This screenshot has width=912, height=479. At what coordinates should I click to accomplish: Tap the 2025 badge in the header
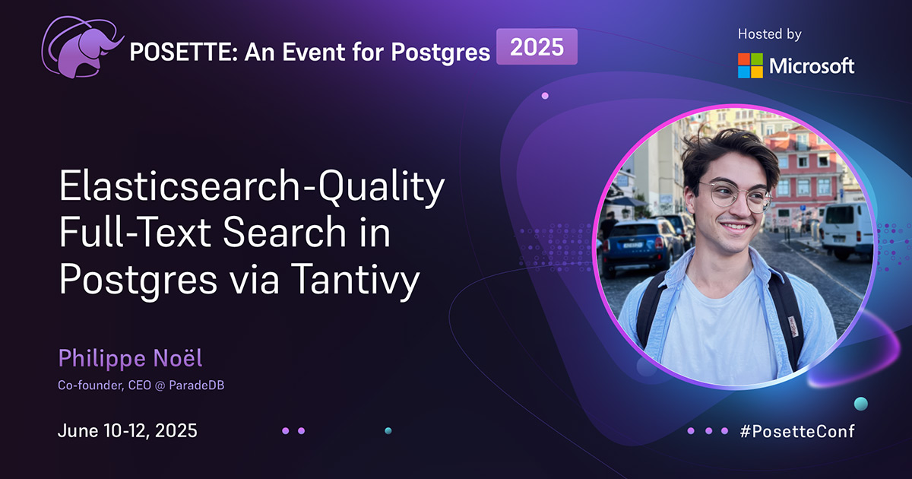coord(537,48)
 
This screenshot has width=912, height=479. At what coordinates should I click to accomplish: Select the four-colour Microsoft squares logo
coord(750,65)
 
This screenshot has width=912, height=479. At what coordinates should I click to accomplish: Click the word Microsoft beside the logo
coord(812,66)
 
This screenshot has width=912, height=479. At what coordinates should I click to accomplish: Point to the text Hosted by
coord(769,34)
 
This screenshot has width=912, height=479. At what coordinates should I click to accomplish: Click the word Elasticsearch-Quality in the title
coord(251,190)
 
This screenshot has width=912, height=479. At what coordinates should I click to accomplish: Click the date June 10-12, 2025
coord(128,431)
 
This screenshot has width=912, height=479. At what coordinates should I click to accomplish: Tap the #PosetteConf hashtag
coord(796,431)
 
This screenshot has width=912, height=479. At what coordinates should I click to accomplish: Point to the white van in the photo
coord(846,228)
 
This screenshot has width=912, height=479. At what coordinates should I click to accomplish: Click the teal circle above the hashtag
coord(860,403)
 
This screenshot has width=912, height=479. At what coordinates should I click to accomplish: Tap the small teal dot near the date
coord(388,430)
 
